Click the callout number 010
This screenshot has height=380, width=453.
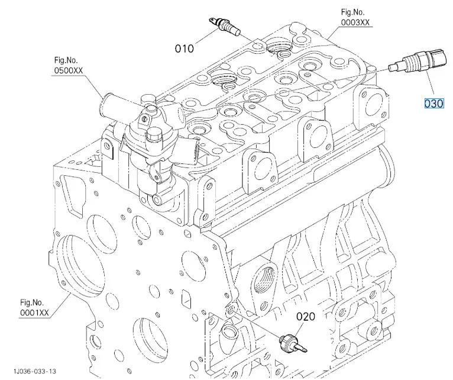[184, 49]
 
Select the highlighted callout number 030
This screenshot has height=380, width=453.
[433, 104]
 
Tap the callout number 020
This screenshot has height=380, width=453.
[306, 317]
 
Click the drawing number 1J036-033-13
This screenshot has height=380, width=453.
[36, 372]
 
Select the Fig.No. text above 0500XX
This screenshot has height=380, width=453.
[66, 60]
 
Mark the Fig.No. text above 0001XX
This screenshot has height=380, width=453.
[33, 302]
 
